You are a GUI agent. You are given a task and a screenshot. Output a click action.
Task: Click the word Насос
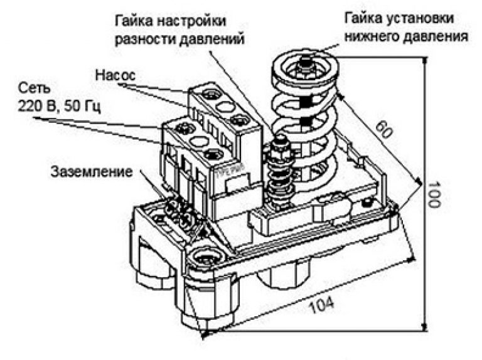coord(115,75)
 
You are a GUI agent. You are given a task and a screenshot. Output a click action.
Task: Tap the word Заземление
coord(92,172)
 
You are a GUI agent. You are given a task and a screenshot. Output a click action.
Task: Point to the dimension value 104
coord(321,305)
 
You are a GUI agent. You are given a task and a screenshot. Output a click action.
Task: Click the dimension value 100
coord(434,194)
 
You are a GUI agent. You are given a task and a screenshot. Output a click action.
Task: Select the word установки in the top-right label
coord(419,18)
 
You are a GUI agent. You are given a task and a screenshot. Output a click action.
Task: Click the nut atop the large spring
coord(304,63)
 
